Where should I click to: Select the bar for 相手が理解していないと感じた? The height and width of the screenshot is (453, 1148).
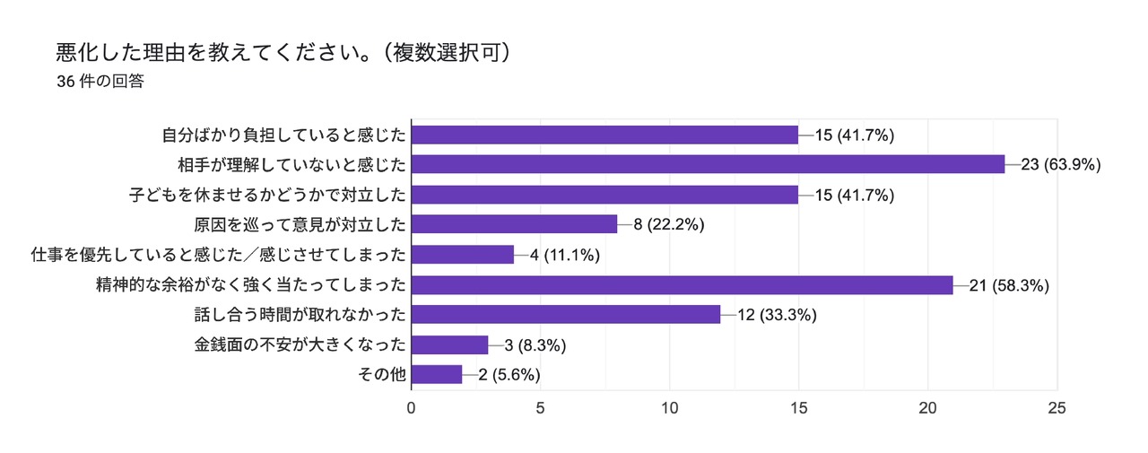[x=708, y=164]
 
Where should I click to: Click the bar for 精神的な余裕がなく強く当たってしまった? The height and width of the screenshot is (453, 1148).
[x=682, y=285]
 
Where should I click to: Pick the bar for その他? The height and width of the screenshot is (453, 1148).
[x=437, y=375]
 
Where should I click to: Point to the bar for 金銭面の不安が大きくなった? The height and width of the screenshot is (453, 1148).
[x=449, y=345]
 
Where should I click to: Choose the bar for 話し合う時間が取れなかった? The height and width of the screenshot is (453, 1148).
[x=566, y=315]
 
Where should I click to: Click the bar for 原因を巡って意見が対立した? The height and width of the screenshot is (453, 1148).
[x=514, y=224]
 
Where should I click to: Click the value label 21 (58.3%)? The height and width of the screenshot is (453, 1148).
[x=1010, y=285]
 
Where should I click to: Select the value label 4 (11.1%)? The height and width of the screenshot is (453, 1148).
[x=565, y=255]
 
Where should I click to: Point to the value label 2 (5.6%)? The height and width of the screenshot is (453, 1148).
[x=509, y=375]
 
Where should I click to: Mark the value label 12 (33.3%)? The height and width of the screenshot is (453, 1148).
[x=777, y=315]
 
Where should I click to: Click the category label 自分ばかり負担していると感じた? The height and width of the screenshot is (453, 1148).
[x=284, y=135]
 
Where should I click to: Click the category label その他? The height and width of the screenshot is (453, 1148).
[x=388, y=375]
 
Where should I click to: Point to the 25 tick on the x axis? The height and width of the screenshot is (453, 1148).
[x=1057, y=407]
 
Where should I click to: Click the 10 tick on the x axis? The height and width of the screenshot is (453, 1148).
[x=670, y=407]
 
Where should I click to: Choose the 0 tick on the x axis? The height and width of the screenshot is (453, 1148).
[x=412, y=407]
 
